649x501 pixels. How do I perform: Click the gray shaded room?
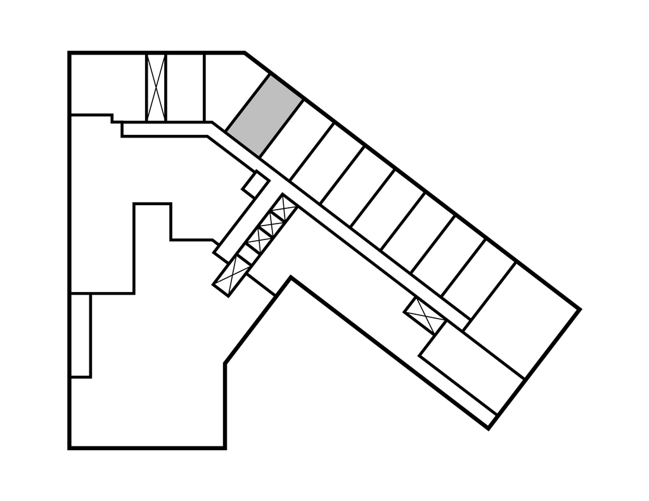coord(264,115)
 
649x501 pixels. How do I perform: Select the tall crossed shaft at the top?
coord(155,87)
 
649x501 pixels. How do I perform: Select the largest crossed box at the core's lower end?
coord(231,275)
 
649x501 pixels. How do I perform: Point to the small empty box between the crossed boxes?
coord(249,251)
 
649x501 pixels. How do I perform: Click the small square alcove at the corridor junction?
coord(255,184)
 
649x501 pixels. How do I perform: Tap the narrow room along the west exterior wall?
coord(80,336)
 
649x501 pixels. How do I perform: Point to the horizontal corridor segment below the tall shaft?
coord(168,129)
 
